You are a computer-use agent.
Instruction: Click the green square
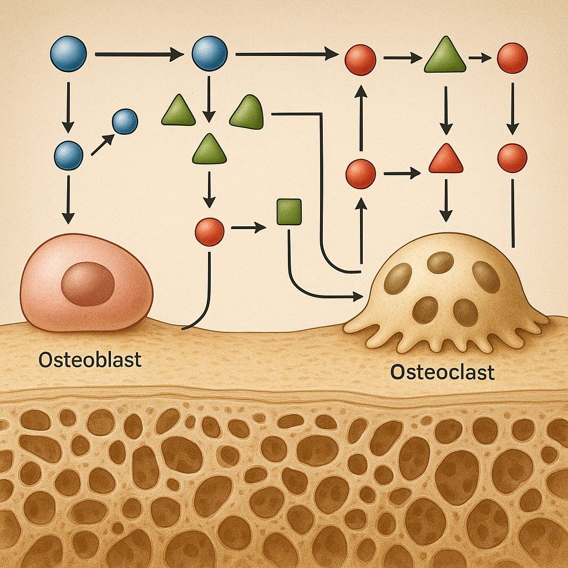[288, 212]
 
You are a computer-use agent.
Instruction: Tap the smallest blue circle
[125, 121]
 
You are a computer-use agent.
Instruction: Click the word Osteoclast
[442, 372]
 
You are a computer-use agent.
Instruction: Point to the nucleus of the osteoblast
[88, 283]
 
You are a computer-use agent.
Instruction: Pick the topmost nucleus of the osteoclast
[440, 262]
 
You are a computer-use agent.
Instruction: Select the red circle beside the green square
[210, 232]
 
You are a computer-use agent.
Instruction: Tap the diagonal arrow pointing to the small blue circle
[102, 145]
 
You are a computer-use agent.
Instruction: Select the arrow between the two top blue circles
[139, 54]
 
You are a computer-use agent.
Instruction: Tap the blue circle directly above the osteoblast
[68, 155]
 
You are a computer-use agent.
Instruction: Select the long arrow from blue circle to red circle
[286, 54]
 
